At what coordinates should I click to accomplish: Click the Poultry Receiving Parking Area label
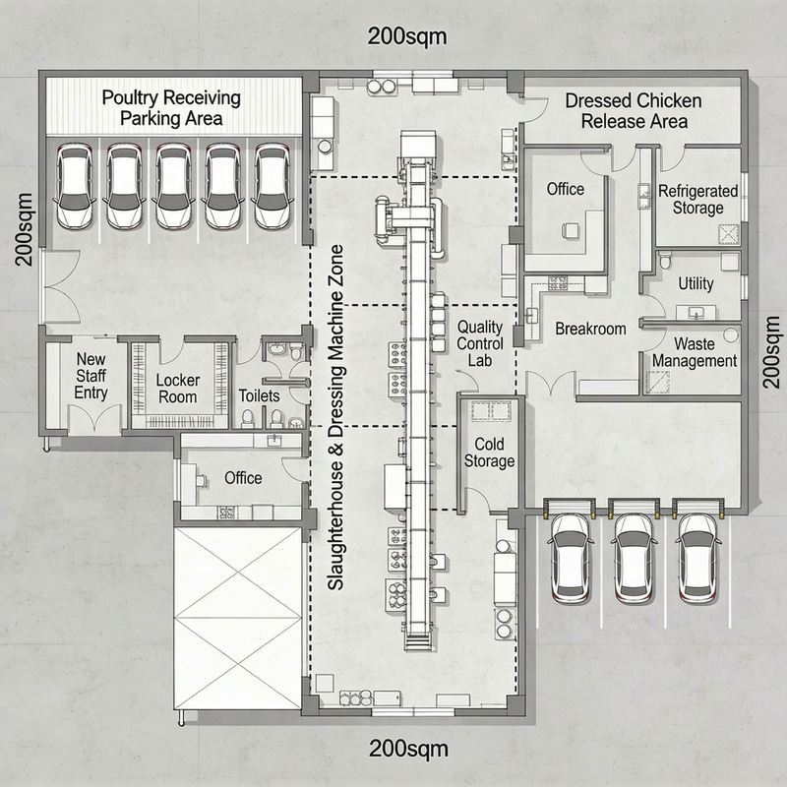click(x=171, y=108)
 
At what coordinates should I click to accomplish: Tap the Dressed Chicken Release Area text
click(x=634, y=111)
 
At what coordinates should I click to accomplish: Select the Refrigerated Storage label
click(x=691, y=199)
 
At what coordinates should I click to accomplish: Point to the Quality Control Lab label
click(x=480, y=342)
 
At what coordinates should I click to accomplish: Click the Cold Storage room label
click(x=489, y=454)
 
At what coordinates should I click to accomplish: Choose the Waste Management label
click(x=695, y=352)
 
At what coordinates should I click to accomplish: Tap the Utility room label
click(x=696, y=283)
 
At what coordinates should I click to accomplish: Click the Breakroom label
click(x=590, y=329)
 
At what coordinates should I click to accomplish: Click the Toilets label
click(x=260, y=395)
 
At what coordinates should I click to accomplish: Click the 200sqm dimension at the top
click(x=408, y=37)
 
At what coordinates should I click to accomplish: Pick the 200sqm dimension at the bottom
click(x=408, y=748)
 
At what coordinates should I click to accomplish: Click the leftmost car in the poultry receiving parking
click(x=75, y=186)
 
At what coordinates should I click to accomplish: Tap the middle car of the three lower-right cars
click(x=634, y=556)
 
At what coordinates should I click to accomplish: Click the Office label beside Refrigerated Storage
click(x=565, y=189)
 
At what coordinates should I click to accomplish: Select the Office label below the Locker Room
click(x=243, y=477)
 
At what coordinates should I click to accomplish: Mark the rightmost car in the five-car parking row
click(x=272, y=186)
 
